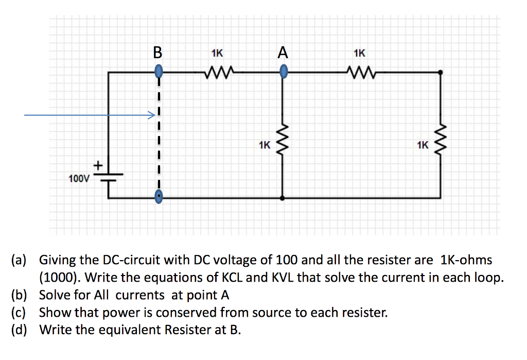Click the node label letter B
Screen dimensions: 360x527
click(x=157, y=52)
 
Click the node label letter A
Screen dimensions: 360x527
click(x=283, y=52)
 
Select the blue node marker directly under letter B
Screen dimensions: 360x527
click(x=159, y=70)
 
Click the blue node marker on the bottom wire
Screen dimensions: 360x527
click(x=159, y=195)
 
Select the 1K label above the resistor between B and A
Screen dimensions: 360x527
click(x=217, y=52)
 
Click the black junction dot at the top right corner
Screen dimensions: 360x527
click(x=440, y=73)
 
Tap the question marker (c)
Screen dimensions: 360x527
click(x=21, y=312)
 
